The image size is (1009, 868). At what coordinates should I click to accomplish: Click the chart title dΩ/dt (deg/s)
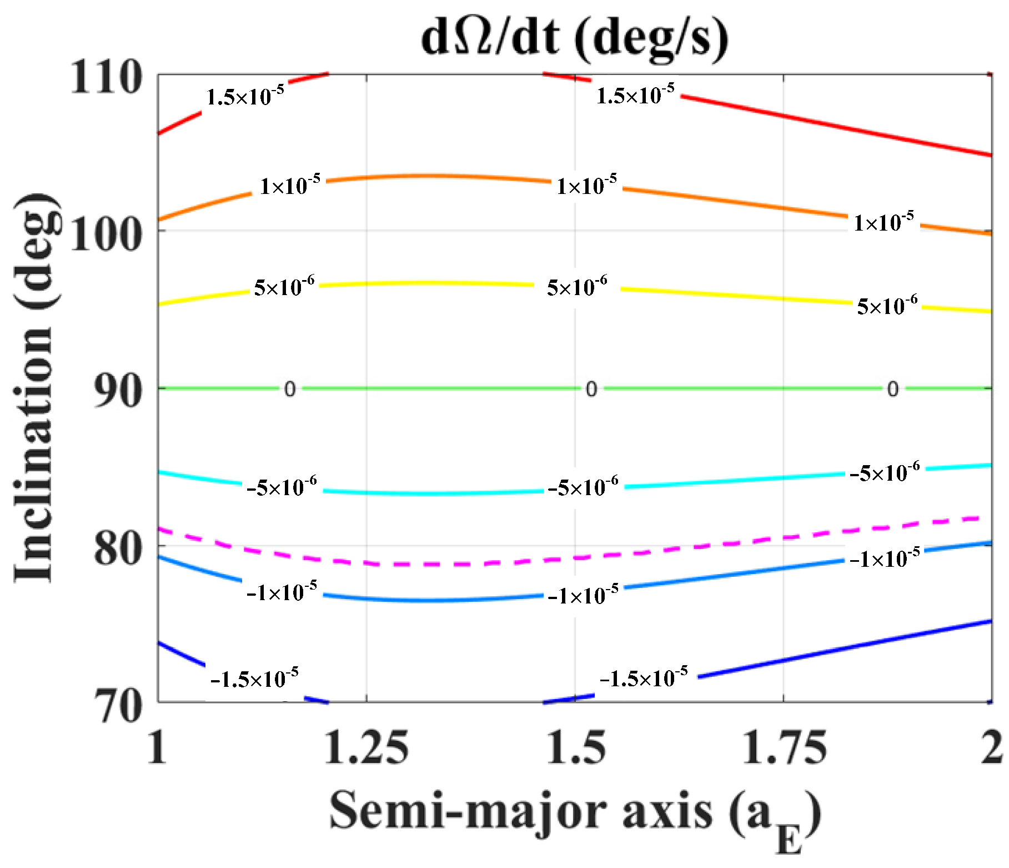click(x=575, y=38)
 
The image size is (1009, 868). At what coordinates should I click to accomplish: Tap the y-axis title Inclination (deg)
click(x=34, y=387)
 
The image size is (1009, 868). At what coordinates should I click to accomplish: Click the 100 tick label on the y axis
click(x=106, y=235)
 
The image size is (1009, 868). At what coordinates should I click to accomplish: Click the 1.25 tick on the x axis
click(x=367, y=747)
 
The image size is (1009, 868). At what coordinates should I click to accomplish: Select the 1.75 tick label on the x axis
click(x=784, y=747)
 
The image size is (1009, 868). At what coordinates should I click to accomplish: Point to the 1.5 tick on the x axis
click(x=575, y=747)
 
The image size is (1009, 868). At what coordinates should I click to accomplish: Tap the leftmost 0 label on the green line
click(x=289, y=389)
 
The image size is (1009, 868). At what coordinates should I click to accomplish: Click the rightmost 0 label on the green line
click(x=892, y=389)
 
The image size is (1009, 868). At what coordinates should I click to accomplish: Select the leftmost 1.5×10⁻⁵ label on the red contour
click(x=245, y=97)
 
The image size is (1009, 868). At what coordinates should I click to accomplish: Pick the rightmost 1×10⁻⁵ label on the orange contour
click(x=884, y=222)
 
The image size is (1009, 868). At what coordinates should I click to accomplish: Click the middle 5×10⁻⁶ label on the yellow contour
click(x=577, y=287)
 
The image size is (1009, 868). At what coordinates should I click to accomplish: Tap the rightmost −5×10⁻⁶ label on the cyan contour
click(x=885, y=472)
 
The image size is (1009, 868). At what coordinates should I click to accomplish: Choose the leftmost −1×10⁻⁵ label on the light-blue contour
click(x=282, y=592)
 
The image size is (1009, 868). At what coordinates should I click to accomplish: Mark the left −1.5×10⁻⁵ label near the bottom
click(x=255, y=678)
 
